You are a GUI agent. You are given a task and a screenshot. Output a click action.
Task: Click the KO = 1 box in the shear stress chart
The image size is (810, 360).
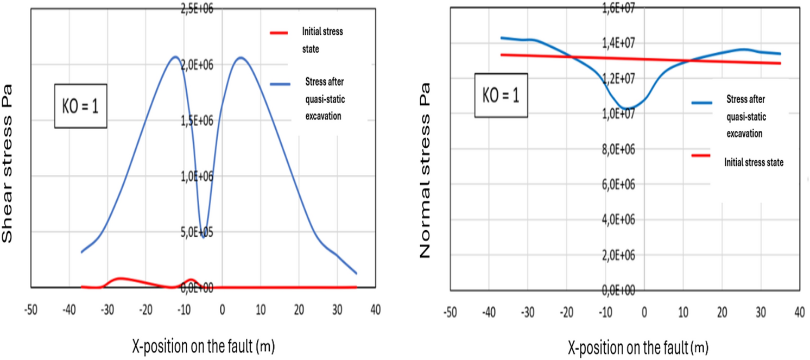pyautogui.click(x=80, y=106)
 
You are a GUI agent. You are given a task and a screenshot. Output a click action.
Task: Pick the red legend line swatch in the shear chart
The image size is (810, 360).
pyautogui.click(x=282, y=33)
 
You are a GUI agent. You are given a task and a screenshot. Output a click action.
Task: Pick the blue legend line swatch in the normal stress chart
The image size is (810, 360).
pyautogui.click(x=704, y=102)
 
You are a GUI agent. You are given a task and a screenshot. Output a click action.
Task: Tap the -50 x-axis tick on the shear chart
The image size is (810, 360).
pyautogui.click(x=30, y=310)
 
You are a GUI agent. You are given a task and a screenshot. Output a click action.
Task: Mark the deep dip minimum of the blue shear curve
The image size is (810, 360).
pyautogui.click(x=203, y=237)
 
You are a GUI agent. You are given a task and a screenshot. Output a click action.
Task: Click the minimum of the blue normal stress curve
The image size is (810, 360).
pyautogui.click(x=627, y=108)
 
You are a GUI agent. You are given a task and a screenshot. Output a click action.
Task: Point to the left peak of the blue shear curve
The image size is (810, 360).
pyautogui.click(x=175, y=56)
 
